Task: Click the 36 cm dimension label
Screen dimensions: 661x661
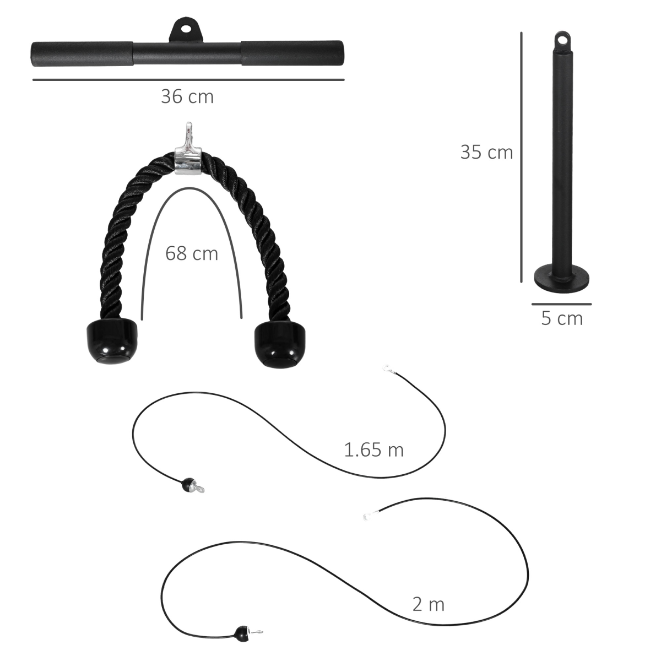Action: [187, 97]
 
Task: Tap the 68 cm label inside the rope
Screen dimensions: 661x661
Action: [192, 253]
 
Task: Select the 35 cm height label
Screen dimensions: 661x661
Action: [486, 152]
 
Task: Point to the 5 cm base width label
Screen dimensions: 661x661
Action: [561, 318]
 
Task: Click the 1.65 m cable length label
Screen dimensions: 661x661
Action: [374, 450]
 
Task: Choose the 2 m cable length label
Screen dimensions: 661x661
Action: [428, 605]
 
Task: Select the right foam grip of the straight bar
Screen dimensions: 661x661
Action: [292, 53]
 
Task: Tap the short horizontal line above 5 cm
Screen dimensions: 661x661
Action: [561, 304]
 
